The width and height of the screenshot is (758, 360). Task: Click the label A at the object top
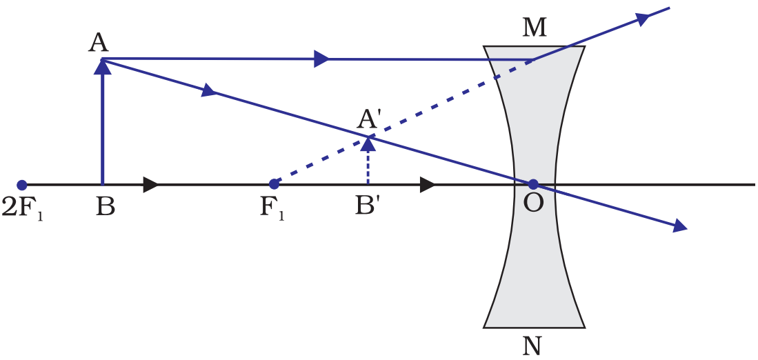pos(99,43)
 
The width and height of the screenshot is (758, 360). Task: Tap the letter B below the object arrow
pos(105,206)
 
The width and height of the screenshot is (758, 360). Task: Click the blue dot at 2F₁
pos(22,185)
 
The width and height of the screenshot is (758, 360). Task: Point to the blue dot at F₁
pos(274,184)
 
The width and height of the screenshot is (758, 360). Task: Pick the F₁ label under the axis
pos(272,207)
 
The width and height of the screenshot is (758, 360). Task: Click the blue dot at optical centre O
pos(533,184)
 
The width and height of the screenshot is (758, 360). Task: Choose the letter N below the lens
pos(532,345)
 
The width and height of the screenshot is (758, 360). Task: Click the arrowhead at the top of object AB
pos(103,66)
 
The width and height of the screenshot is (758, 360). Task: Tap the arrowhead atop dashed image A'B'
pos(368,142)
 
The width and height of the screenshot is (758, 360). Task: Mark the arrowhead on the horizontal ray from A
pos(321,59)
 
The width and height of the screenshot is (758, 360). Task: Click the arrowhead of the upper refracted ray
pos(643,19)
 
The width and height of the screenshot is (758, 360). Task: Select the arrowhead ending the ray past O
pos(681,225)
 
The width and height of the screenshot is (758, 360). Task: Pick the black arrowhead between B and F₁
pos(151,185)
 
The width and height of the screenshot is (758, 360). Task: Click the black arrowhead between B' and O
pos(428,185)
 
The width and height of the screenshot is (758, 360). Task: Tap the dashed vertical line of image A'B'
pos(368,166)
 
